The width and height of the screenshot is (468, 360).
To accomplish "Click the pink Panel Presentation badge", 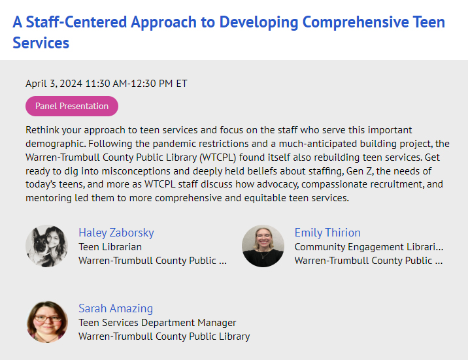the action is point(72,106).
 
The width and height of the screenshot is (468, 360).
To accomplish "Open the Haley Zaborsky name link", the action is point(116,233).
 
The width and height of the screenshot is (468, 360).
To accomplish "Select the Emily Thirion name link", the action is point(327,233).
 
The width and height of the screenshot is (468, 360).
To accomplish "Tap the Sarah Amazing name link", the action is point(116,308).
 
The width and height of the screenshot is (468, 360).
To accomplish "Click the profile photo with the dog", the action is point(46,246).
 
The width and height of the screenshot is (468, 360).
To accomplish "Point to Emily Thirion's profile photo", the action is point(263,246).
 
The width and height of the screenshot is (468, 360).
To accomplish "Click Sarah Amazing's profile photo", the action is point(46,322).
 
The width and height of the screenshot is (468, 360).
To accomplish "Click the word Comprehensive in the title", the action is point(356,23).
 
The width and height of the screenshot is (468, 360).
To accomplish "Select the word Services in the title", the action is point(41,42).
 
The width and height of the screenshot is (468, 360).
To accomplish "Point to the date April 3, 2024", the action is point(54,84).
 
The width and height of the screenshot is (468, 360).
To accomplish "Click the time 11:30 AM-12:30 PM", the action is point(129,84).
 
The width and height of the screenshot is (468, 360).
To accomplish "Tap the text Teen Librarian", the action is point(110,247).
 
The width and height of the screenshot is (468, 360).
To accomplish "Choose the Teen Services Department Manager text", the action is point(158,323).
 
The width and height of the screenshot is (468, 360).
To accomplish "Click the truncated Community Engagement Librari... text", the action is point(369,247).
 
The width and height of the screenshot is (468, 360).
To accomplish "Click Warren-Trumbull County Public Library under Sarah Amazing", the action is point(164,336).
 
